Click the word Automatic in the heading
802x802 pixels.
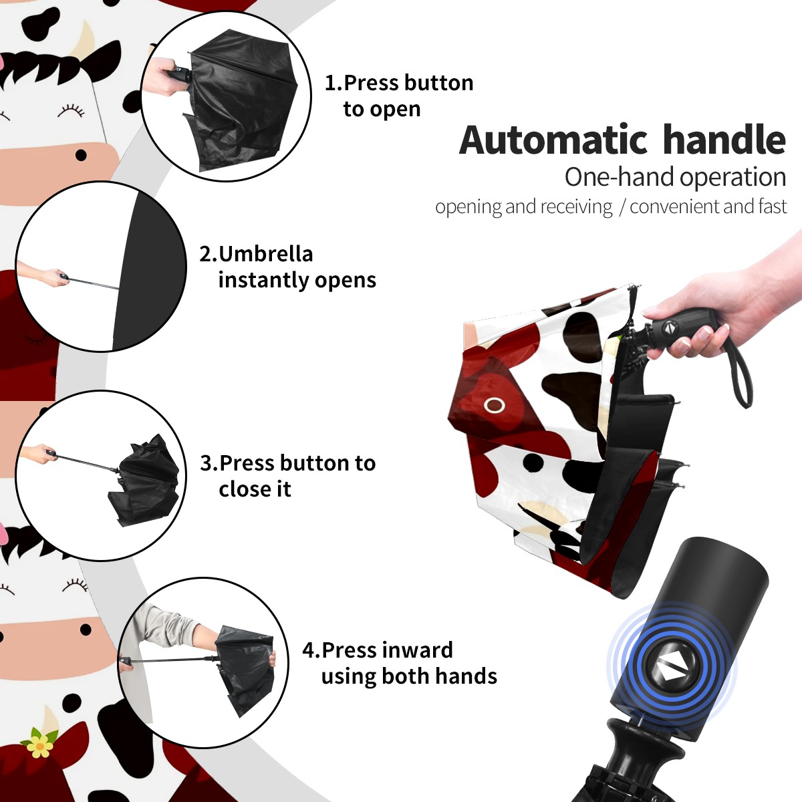(x=553, y=140)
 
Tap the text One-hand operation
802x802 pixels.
(x=675, y=177)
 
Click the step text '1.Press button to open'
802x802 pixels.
(x=399, y=96)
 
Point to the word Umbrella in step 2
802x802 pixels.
(x=265, y=254)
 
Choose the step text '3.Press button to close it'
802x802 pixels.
(x=287, y=475)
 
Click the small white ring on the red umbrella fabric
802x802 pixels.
(x=494, y=404)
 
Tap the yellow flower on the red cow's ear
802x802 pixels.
(x=40, y=746)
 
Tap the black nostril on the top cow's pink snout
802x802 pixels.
(x=81, y=156)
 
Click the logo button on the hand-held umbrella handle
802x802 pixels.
(x=668, y=327)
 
